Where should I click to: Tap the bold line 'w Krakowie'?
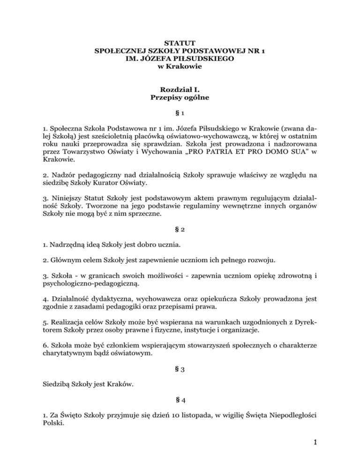[x=180, y=67]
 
